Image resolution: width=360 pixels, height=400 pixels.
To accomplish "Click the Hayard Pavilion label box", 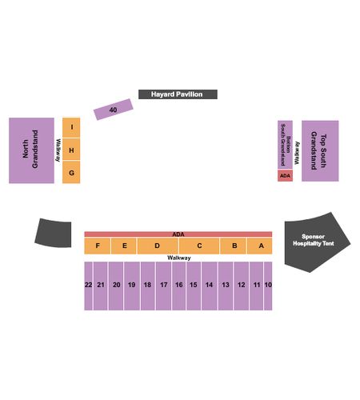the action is (178, 94).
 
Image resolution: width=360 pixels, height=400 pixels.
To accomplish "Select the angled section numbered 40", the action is (113, 110).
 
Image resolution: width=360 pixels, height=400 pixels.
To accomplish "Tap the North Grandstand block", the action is (31, 150).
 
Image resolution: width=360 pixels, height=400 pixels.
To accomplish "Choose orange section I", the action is (71, 127).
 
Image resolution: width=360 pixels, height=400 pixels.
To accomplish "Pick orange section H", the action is (71, 150).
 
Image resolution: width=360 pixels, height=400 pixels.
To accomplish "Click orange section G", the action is (71, 172).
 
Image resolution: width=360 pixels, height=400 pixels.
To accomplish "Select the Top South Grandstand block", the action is (320, 151).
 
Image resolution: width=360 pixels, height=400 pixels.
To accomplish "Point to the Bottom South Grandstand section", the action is (285, 145).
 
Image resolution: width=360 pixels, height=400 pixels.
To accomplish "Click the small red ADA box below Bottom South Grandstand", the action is (285, 176).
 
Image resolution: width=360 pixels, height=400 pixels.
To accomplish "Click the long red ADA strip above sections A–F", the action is (178, 234).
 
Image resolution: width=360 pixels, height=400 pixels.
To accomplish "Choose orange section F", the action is (98, 246).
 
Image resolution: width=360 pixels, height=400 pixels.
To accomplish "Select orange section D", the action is (158, 246).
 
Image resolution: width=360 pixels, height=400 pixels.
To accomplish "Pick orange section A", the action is (260, 246).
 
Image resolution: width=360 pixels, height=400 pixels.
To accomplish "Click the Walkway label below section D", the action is (179, 258).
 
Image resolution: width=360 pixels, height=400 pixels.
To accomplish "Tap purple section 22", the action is (88, 286).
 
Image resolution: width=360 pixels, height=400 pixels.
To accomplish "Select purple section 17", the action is (163, 286).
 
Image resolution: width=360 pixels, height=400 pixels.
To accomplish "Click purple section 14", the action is (210, 286).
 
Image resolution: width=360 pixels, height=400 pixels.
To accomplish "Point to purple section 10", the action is (268, 286).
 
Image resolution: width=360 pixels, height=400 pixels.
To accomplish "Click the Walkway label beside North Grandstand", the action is (58, 150).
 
